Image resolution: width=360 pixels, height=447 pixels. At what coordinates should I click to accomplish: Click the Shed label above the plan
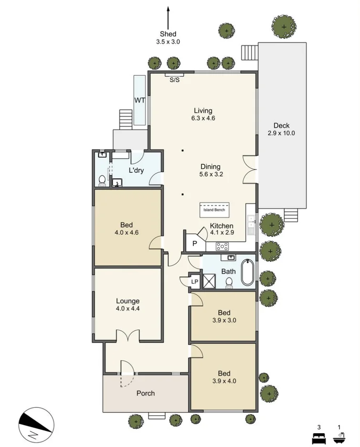tap(168, 34)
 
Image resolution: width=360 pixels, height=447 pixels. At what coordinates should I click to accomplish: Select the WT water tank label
tap(139, 100)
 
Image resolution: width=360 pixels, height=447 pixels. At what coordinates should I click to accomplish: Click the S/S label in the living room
tap(175, 80)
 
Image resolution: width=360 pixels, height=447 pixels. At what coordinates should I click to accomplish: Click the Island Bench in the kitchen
tap(214, 209)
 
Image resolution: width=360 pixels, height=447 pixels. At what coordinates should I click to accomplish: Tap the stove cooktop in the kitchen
tap(222, 246)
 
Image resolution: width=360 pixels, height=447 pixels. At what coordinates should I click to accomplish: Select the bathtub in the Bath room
tap(247, 273)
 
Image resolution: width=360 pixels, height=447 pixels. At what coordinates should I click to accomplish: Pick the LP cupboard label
tap(195, 282)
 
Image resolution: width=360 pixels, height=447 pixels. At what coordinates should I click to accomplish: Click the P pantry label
tap(194, 244)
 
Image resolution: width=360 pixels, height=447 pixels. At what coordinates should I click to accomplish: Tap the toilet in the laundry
tap(102, 180)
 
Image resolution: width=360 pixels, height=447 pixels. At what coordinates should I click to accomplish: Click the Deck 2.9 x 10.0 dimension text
tap(281, 130)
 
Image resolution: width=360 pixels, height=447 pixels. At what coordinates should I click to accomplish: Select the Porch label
tap(146, 393)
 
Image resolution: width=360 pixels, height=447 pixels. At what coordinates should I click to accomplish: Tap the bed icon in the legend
tap(318, 436)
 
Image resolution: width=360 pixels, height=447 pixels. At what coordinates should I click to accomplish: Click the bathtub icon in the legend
tap(339, 436)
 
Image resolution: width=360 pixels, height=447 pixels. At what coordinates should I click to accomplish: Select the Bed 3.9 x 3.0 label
tap(224, 317)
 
